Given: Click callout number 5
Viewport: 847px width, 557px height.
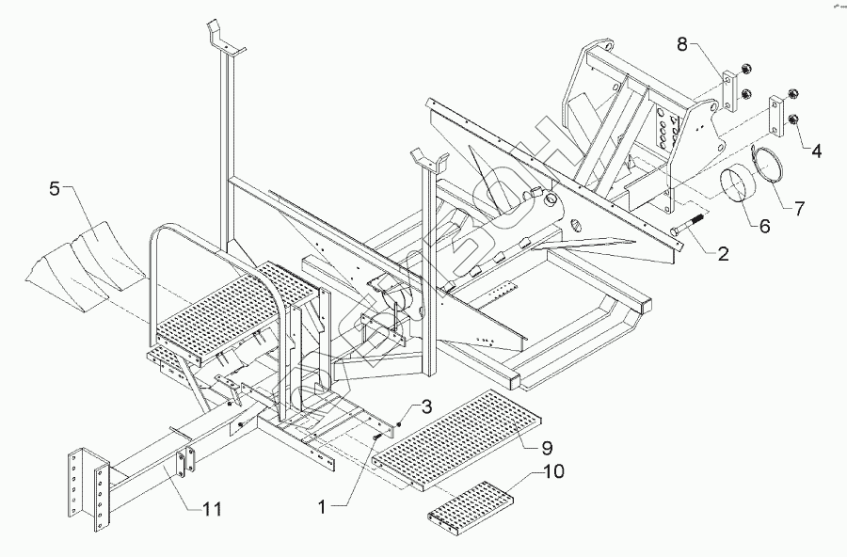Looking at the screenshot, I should [x=55, y=189].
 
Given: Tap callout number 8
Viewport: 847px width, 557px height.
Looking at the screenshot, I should [x=682, y=43].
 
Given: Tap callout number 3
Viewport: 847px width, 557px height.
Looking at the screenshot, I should [x=425, y=406].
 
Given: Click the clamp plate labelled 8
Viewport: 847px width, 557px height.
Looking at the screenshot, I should [x=728, y=92].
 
